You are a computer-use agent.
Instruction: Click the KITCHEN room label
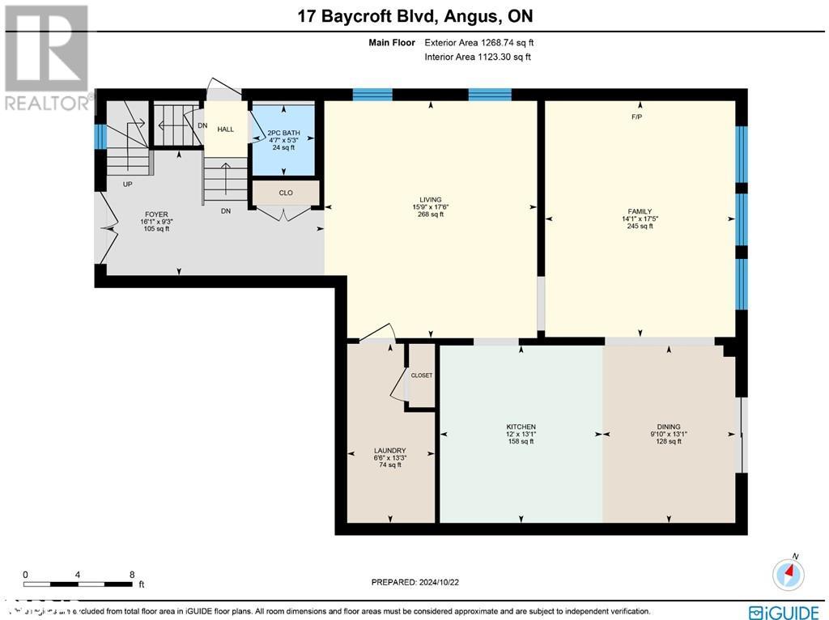[x=521, y=427]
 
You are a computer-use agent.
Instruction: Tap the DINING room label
[x=669, y=427]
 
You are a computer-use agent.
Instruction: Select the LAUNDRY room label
[x=389, y=451]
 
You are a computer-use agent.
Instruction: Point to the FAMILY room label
[x=640, y=211]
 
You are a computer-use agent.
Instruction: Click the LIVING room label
[x=430, y=199]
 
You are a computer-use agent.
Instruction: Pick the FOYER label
[x=156, y=214]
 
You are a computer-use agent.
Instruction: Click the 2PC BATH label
[x=283, y=132]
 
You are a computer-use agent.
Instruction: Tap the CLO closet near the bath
[x=285, y=193]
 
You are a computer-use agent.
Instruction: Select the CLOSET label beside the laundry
[x=422, y=376]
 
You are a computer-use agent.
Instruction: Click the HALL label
[x=225, y=129]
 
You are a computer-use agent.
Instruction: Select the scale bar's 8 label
[x=132, y=574]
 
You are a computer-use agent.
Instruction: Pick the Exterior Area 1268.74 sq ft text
[x=478, y=42]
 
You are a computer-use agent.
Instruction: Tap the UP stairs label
[x=127, y=184]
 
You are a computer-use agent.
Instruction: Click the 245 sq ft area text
[x=640, y=226]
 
